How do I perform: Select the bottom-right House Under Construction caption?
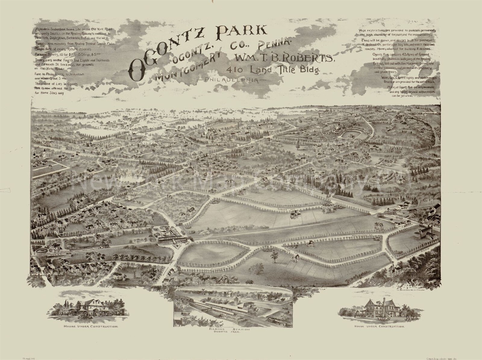(x=379, y=326)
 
